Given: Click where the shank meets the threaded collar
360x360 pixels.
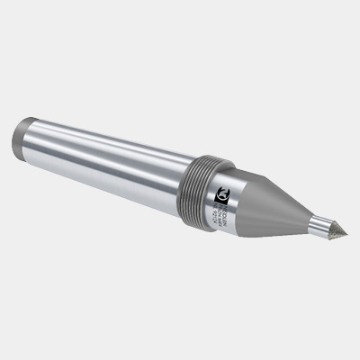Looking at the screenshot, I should tap(185, 171).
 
